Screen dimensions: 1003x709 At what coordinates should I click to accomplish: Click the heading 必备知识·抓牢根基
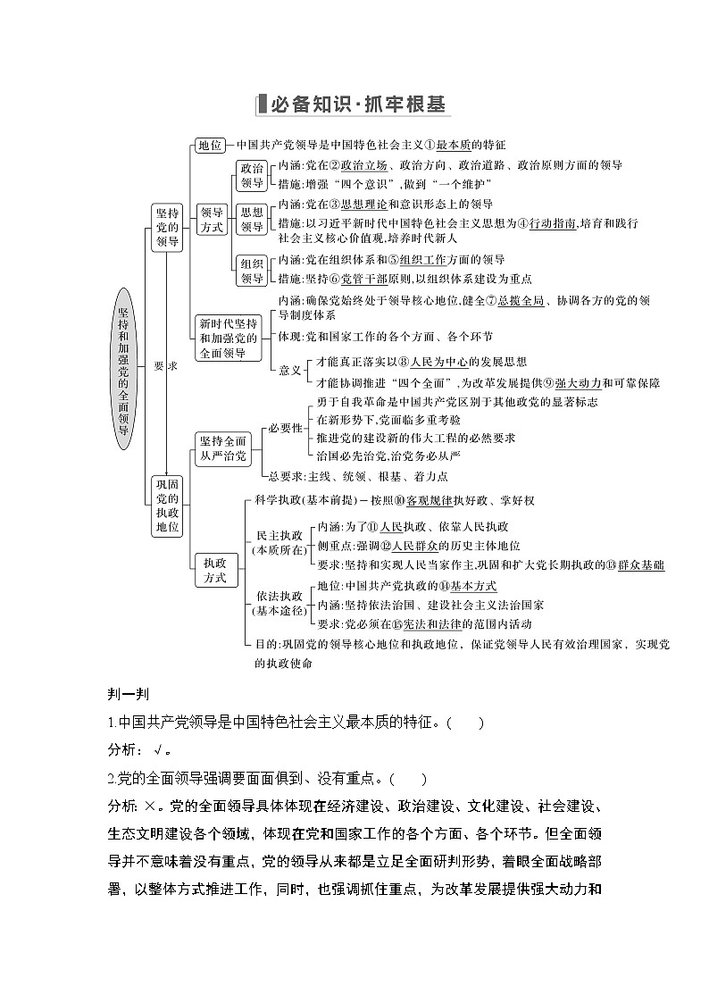[354, 104]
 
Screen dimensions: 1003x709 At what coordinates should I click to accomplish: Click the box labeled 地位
[211, 145]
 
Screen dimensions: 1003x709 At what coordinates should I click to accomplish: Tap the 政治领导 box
[252, 175]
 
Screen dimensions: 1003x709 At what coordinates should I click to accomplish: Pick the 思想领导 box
[252, 220]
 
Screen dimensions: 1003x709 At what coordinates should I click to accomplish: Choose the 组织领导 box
[252, 271]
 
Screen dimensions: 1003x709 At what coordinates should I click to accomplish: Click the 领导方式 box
[212, 220]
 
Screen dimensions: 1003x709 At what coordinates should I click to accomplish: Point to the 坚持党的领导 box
[167, 227]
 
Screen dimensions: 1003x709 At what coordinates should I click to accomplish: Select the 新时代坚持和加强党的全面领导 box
[228, 338]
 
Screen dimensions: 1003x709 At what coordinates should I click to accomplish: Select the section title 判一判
[122, 697]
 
